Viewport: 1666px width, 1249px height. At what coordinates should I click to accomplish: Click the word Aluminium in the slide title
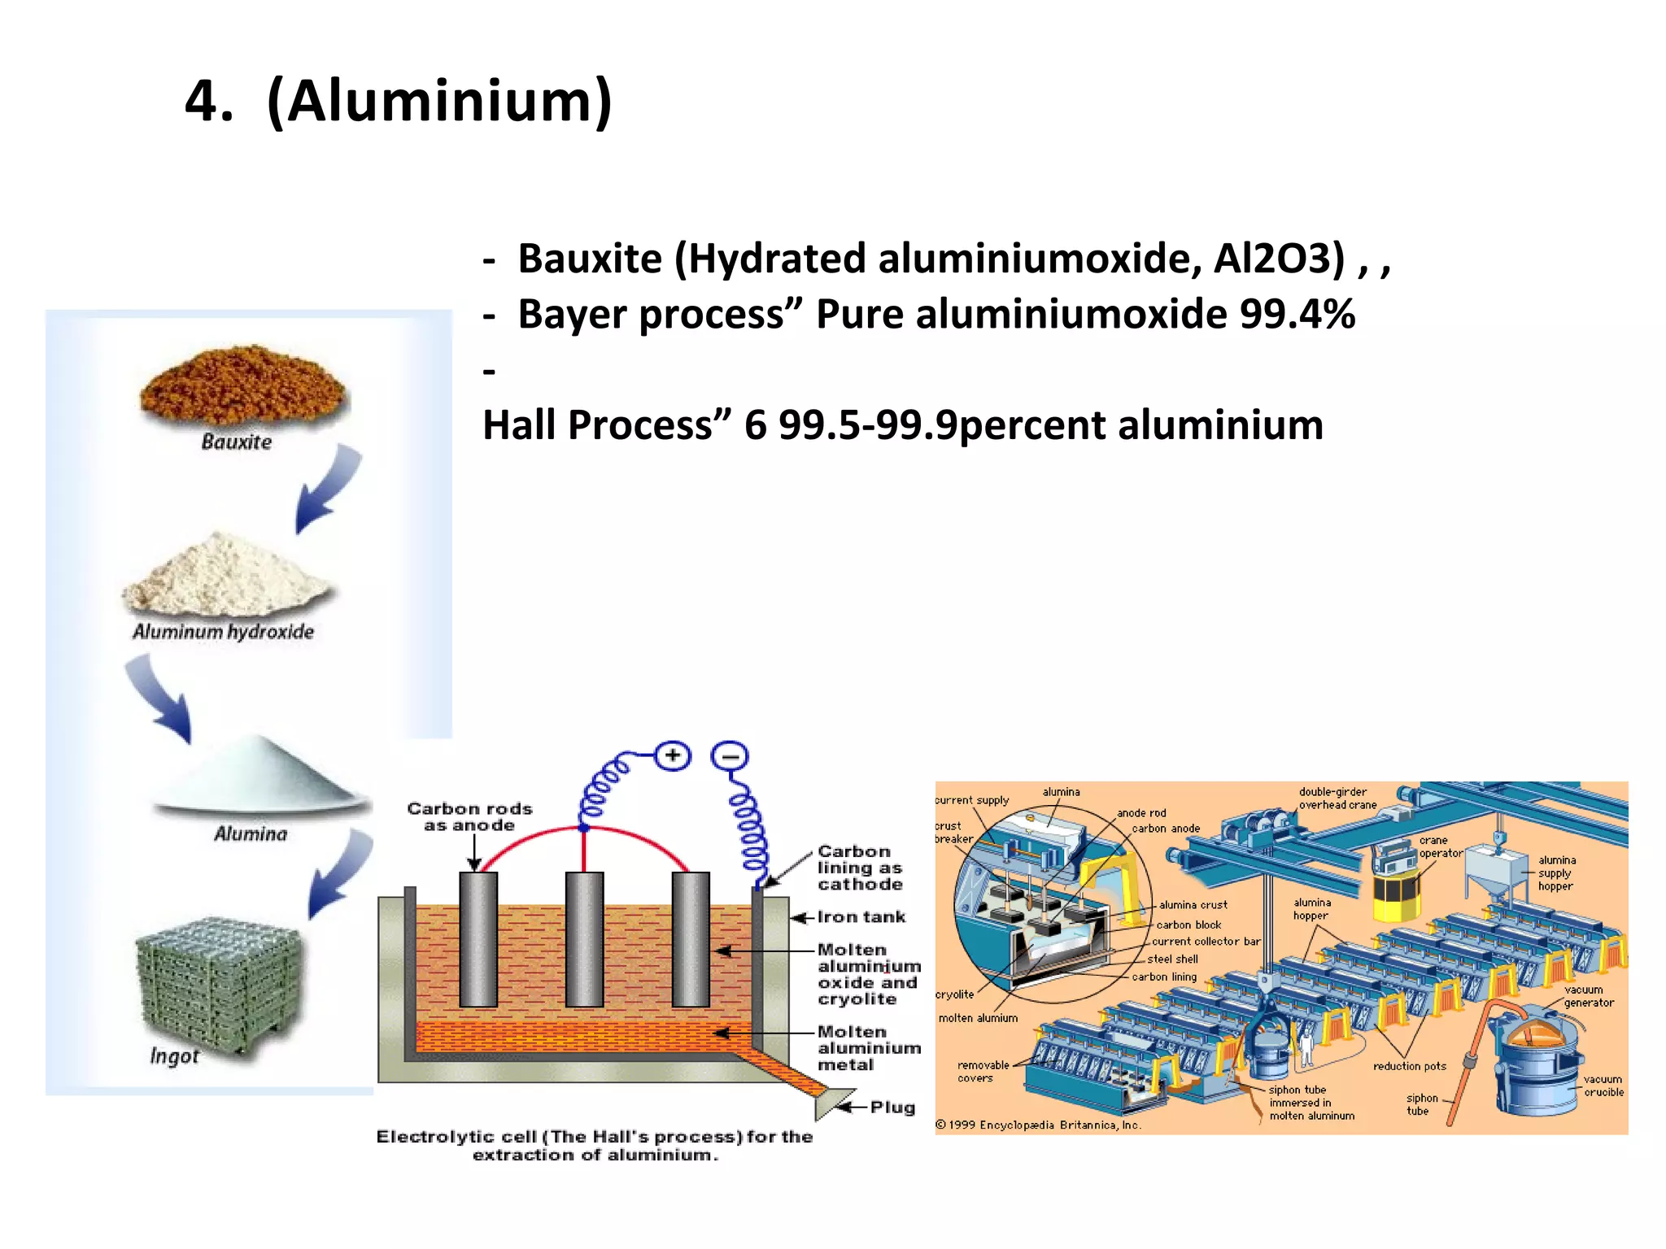439,102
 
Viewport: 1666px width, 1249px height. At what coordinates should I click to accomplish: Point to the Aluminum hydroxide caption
223,632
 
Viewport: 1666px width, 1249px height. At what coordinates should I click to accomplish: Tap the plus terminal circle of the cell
673,756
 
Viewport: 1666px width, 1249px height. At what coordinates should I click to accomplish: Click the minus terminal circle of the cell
730,756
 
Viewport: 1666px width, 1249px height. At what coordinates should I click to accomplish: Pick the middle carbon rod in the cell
584,939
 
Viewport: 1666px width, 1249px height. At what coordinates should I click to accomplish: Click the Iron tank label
861,917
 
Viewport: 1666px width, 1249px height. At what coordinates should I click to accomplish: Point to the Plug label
892,1108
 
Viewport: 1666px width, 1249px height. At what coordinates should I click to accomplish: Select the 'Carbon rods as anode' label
469,817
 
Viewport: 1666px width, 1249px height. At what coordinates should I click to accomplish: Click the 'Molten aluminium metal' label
869,1048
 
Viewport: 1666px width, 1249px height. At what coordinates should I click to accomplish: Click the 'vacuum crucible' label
1603,1086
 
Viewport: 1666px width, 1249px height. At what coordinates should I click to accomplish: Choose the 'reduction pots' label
1409,1066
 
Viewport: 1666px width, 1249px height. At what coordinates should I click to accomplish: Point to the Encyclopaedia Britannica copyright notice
1038,1125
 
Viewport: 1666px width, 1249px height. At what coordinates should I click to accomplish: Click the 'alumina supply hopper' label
1556,873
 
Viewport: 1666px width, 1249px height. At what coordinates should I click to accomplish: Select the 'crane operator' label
1439,846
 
